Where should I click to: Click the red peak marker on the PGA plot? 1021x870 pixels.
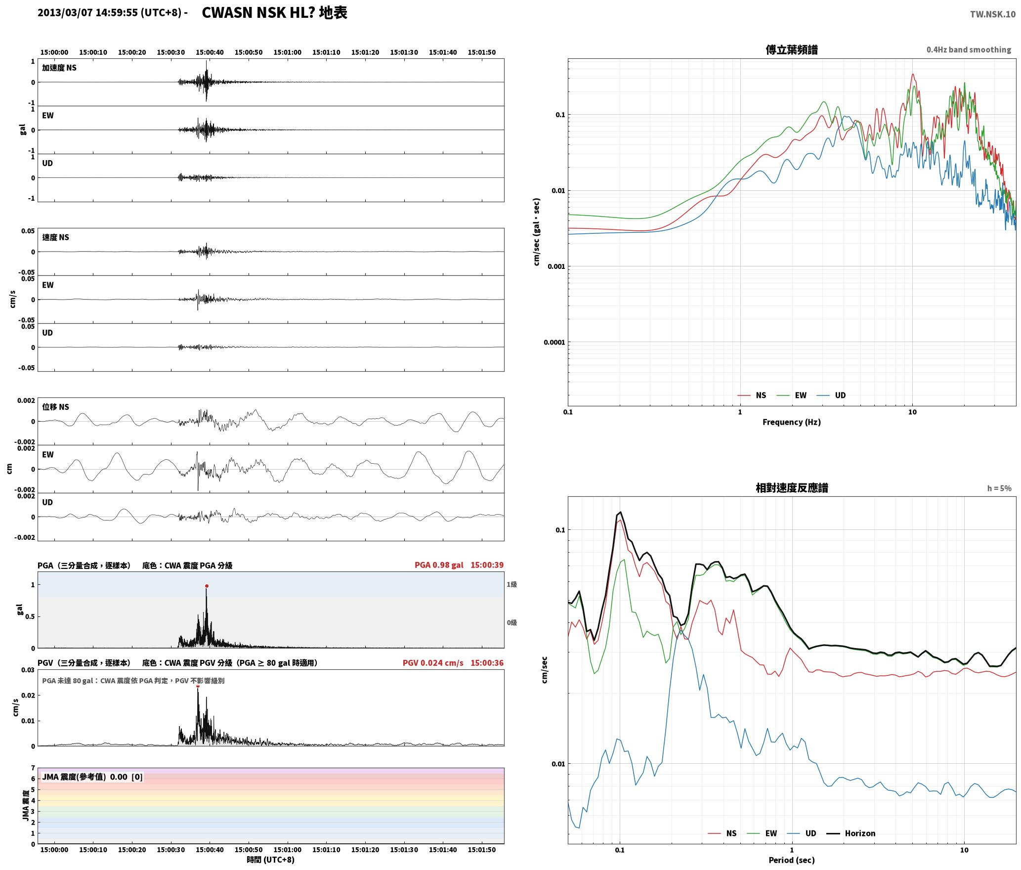(x=207, y=586)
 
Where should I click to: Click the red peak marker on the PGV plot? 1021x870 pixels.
(x=198, y=686)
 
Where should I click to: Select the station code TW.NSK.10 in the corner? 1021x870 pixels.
(x=992, y=14)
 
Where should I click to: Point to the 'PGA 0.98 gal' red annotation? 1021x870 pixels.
(x=439, y=565)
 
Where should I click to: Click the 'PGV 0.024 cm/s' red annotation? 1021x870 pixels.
(x=433, y=663)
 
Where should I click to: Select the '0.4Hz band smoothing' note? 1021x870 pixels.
(x=969, y=49)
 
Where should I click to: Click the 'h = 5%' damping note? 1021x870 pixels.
(x=999, y=488)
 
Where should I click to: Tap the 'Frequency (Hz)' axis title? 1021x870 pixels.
(x=791, y=422)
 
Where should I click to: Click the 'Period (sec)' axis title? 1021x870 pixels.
(x=791, y=860)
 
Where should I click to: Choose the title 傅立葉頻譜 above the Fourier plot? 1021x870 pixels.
(x=792, y=49)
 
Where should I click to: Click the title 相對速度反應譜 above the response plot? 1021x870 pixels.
(x=792, y=488)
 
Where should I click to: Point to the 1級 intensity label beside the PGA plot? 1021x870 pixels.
(x=511, y=584)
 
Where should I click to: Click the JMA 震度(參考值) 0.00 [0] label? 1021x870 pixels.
(x=92, y=777)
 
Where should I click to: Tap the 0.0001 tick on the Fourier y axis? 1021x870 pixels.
(x=554, y=342)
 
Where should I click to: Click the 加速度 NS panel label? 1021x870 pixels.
(x=59, y=68)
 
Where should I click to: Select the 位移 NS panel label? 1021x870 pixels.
(x=55, y=407)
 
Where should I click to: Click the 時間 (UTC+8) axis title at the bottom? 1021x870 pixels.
(x=271, y=860)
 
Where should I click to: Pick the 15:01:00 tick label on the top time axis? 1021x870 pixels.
(x=287, y=52)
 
